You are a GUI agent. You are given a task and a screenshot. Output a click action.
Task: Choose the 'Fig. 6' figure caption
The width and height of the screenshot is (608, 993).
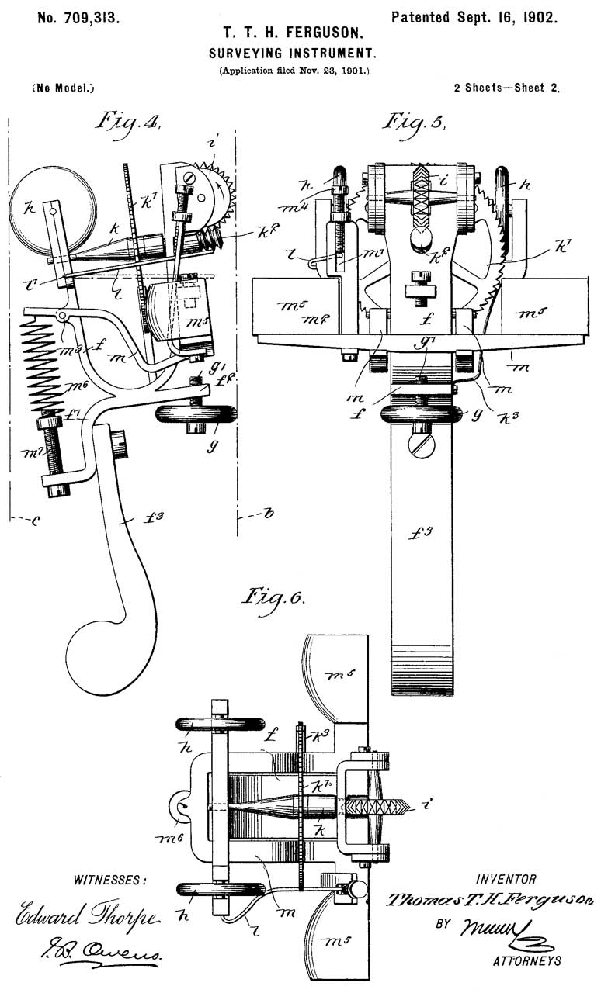click(x=273, y=598)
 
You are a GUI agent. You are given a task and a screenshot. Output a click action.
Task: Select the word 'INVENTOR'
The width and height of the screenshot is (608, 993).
click(x=506, y=879)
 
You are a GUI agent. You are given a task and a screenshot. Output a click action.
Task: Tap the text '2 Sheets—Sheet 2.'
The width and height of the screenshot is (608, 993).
click(x=506, y=88)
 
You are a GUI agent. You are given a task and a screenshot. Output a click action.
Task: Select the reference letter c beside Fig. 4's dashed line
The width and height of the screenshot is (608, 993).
click(x=34, y=521)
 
